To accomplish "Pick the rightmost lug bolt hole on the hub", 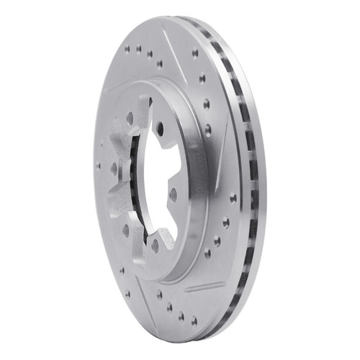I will (x=173, y=193).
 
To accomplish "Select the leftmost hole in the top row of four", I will (x=127, y=50).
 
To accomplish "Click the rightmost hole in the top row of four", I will (x=159, y=63).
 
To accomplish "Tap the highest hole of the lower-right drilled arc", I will (x=233, y=199).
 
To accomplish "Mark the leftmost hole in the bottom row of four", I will (x=159, y=294).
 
